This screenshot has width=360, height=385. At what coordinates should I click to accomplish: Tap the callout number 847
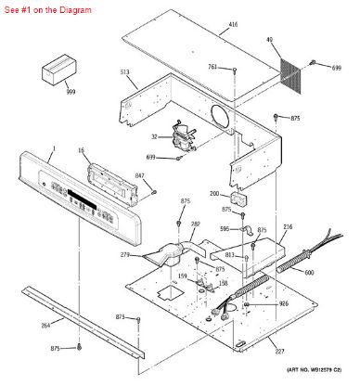140,175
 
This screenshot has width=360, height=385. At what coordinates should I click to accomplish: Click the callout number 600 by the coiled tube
309,272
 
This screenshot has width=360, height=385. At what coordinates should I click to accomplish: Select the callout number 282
195,224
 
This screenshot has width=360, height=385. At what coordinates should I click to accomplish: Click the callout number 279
124,254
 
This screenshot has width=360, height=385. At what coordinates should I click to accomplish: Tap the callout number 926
284,303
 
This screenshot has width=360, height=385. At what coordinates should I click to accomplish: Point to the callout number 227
277,350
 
